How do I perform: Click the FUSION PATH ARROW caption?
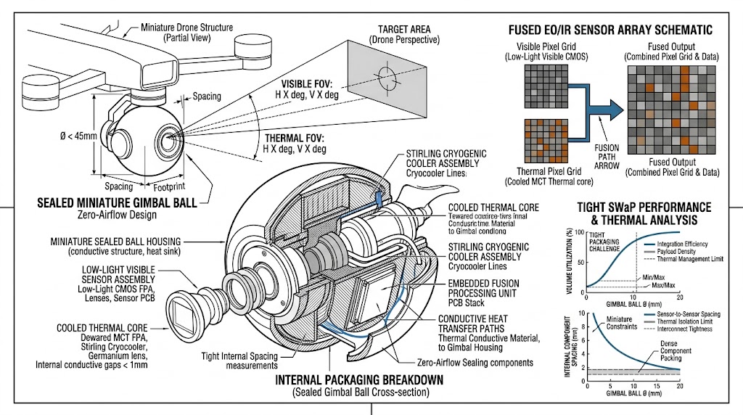(607, 157)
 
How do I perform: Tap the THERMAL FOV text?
(295, 138)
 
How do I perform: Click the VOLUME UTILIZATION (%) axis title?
(573, 260)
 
